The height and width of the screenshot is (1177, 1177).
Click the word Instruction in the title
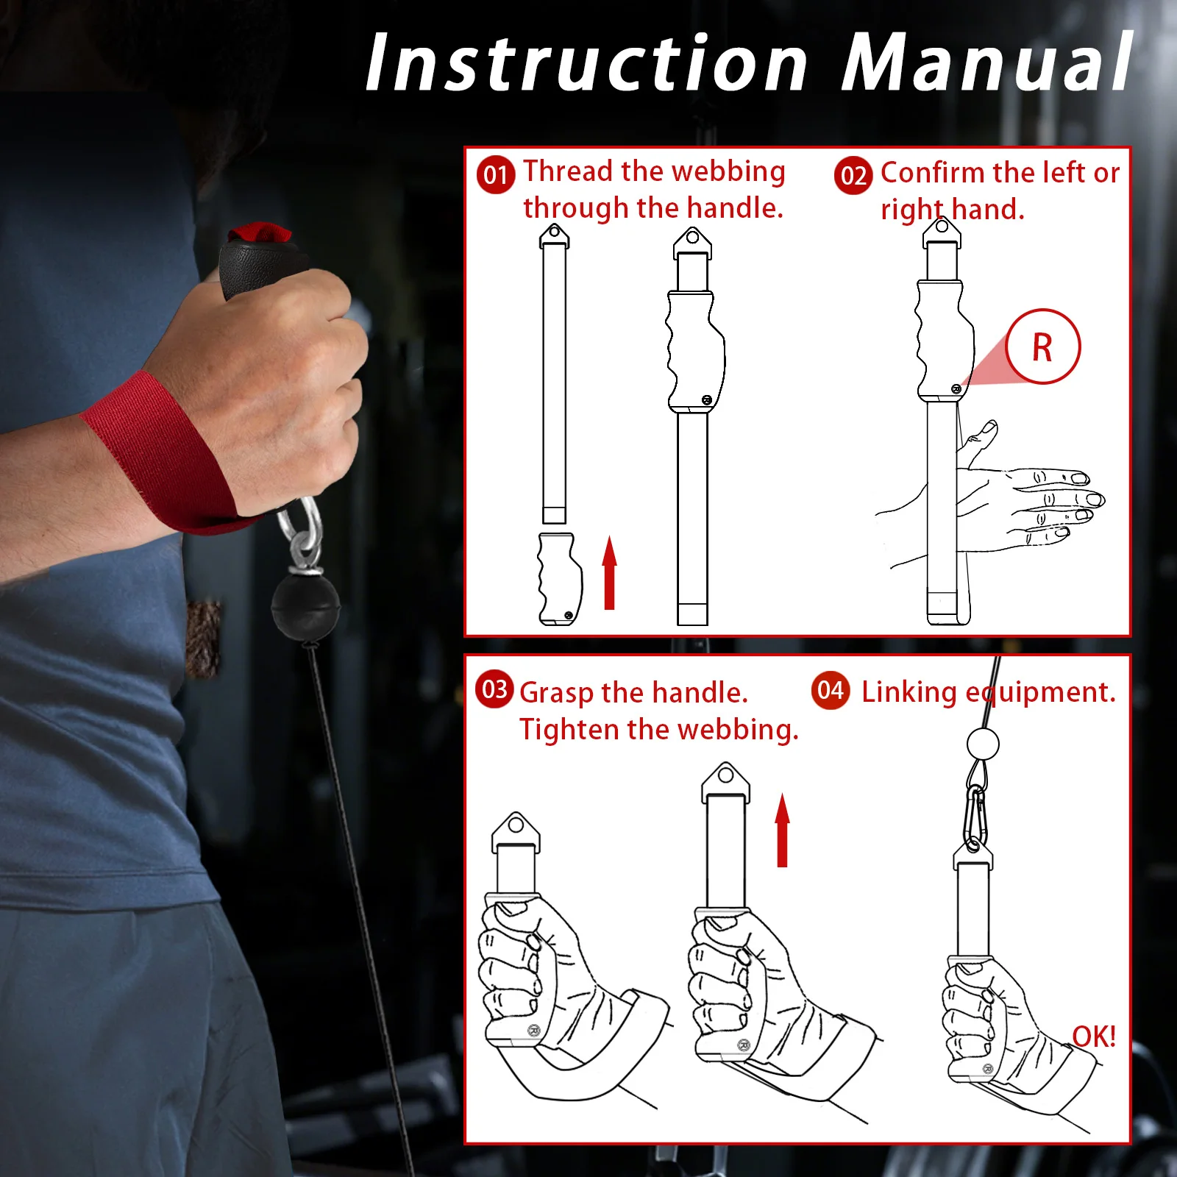click(587, 63)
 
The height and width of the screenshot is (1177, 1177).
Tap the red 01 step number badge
click(496, 175)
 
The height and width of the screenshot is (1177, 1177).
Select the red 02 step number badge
click(853, 176)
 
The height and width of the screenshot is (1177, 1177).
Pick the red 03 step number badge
click(494, 689)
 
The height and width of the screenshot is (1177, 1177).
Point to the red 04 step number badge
click(831, 690)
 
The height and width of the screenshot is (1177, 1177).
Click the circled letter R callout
click(1042, 346)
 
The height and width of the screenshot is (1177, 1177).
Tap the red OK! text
click(1094, 1036)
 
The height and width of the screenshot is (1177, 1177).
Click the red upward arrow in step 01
click(609, 572)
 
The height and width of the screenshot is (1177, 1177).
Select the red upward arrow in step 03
click(782, 830)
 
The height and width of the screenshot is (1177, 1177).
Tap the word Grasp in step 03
click(556, 694)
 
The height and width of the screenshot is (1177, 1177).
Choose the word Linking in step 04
click(909, 693)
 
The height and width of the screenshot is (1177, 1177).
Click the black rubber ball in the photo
click(305, 604)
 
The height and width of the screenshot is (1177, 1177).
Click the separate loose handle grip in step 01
click(561, 579)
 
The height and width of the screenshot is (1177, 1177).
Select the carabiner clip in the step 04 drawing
click(976, 817)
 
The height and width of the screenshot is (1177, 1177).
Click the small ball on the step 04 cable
click(983, 744)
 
